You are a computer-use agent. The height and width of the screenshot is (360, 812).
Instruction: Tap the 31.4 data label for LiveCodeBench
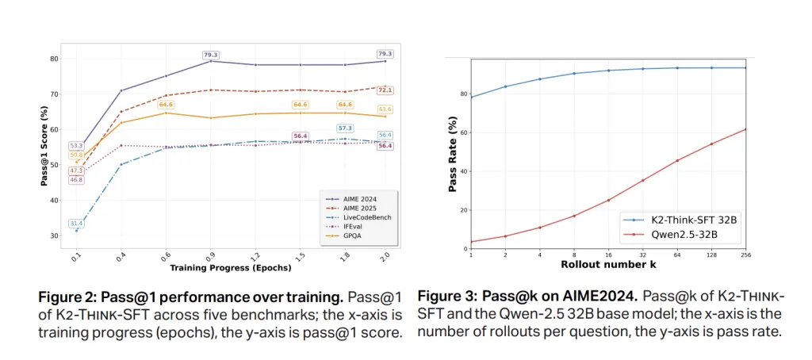pyautogui.click(x=77, y=223)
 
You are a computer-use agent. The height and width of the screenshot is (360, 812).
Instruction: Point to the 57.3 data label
pyautogui.click(x=345, y=128)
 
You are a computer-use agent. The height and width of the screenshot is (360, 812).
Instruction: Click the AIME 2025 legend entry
pyautogui.click(x=354, y=206)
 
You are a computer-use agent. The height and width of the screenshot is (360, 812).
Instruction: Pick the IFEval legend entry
pyautogui.click(x=349, y=225)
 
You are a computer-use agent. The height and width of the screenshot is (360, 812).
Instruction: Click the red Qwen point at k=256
pyautogui.click(x=746, y=129)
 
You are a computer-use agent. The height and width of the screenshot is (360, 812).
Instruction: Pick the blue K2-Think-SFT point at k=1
pyautogui.click(x=471, y=97)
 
